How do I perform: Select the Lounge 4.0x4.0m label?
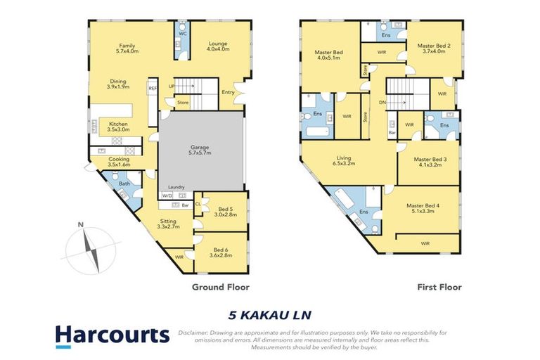217,48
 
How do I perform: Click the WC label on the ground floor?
181,32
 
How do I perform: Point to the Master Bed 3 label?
429,163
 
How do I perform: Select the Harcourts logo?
112,335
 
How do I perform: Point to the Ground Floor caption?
220,287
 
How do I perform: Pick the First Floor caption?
438,287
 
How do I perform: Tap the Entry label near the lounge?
229,91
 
